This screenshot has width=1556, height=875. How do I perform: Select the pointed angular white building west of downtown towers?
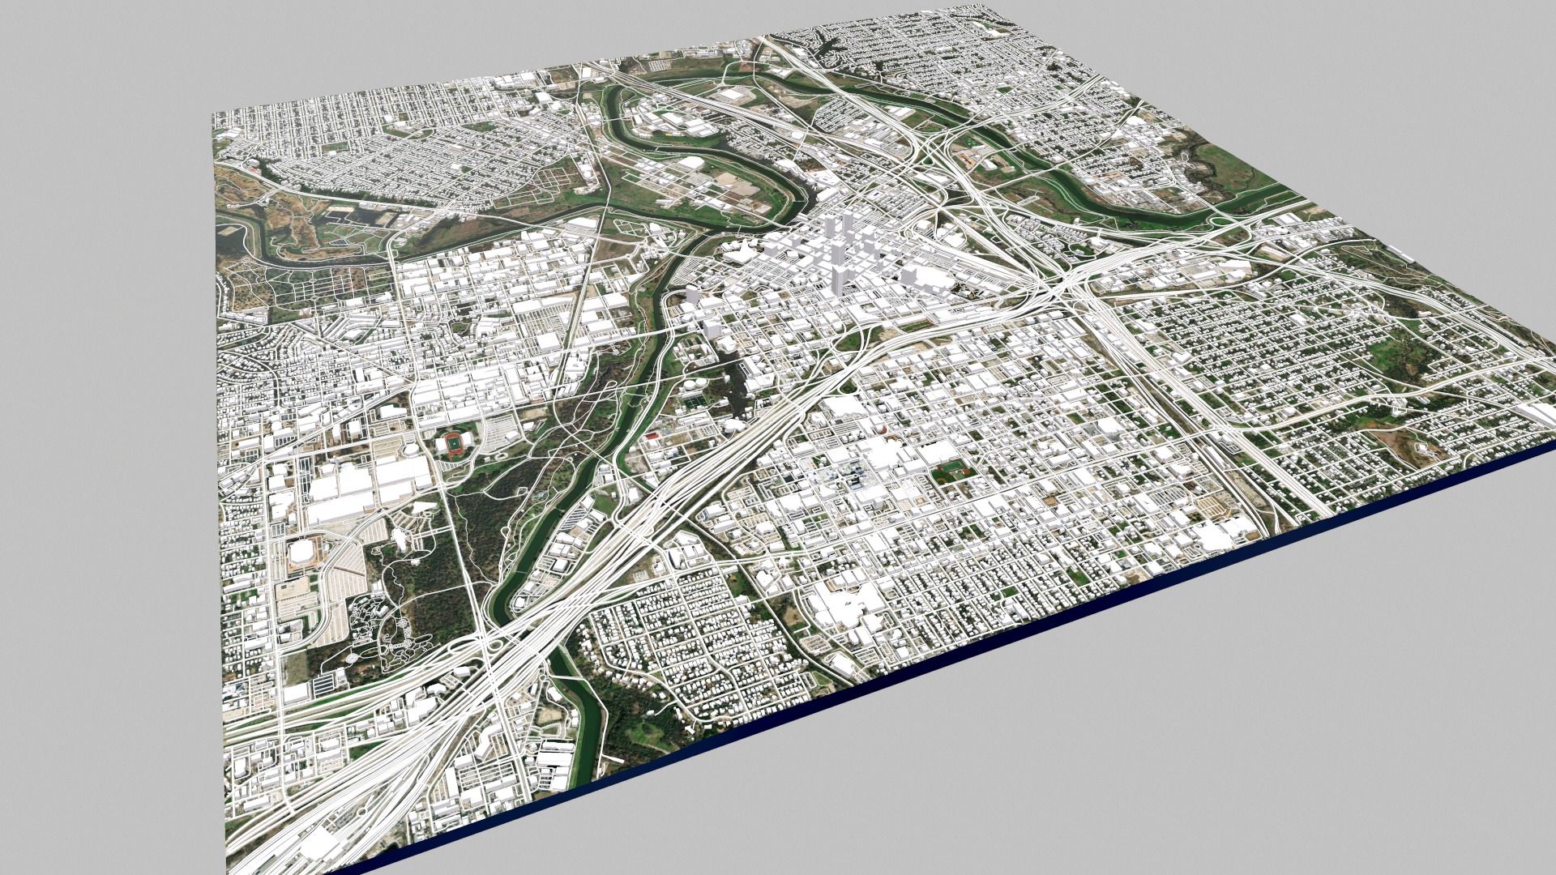(739, 252)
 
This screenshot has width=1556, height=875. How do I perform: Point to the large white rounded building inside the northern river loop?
(690, 164)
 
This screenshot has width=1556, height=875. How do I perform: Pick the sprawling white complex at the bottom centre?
(843, 604)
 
